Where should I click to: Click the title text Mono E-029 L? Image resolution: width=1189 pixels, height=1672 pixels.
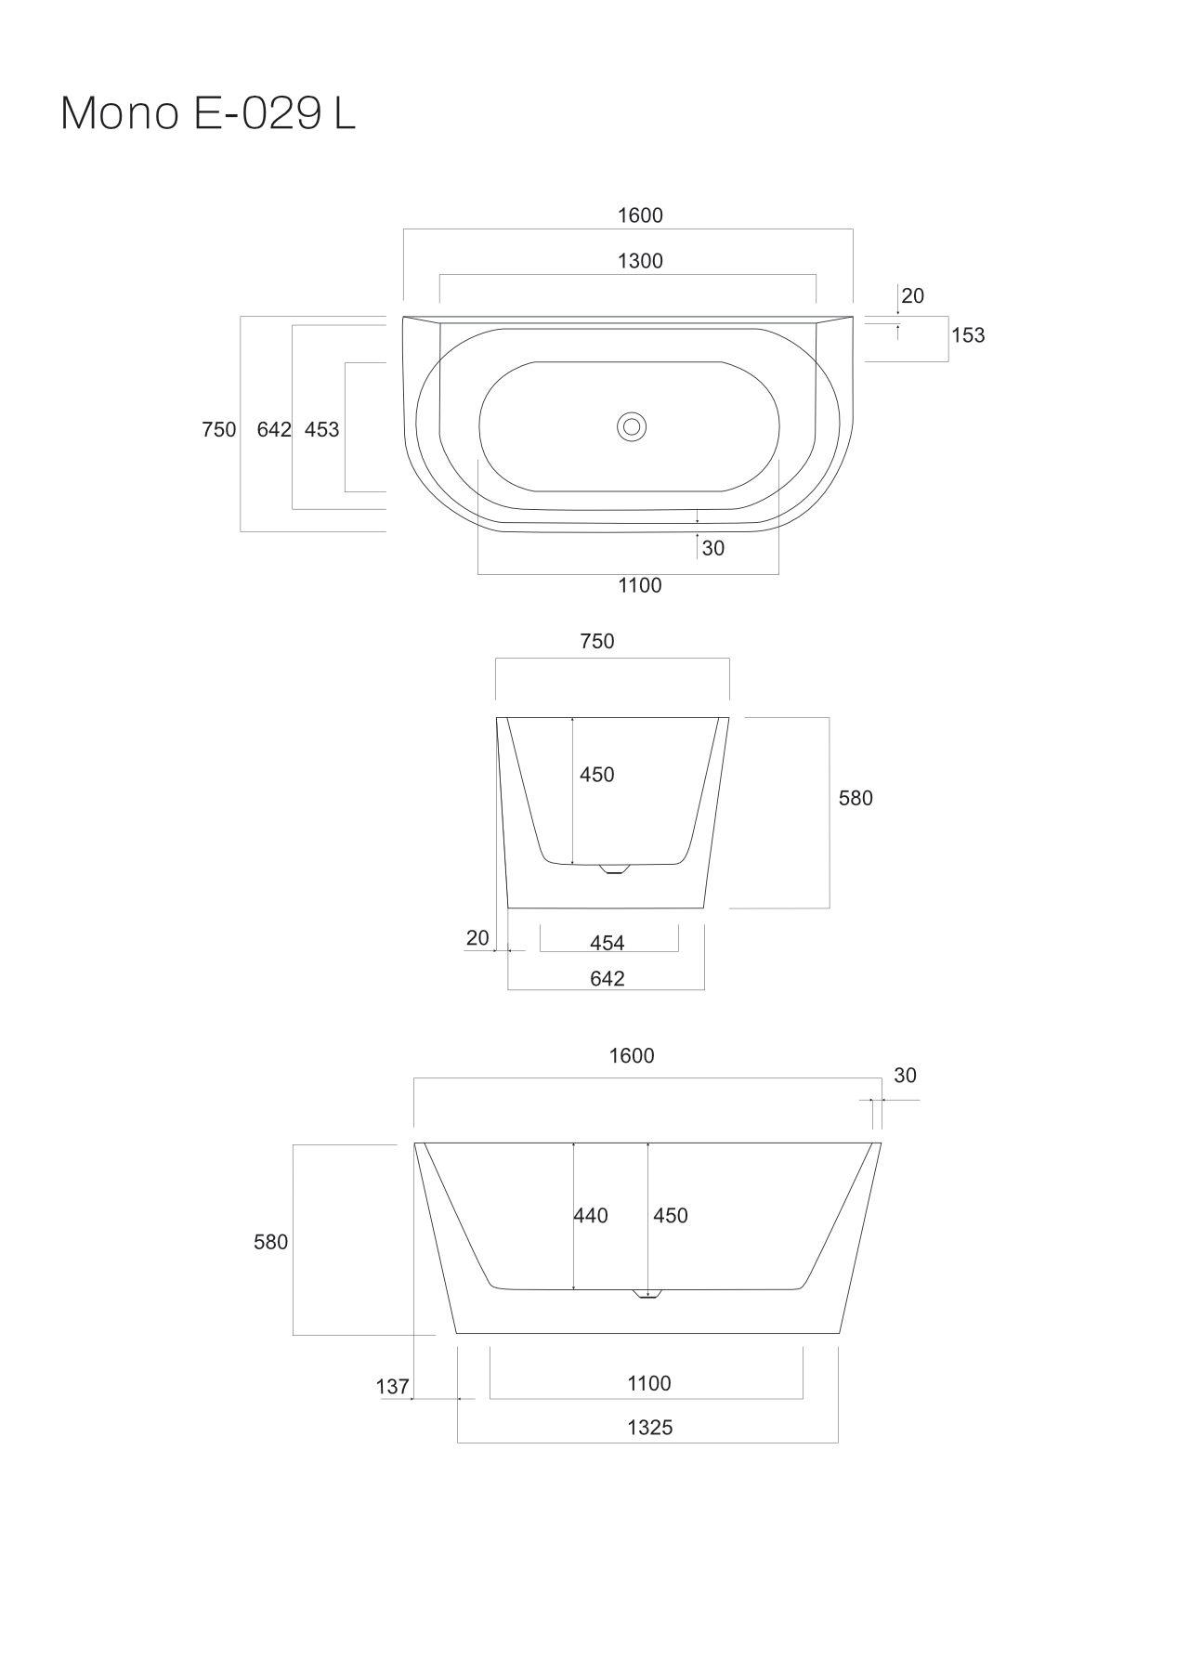point(208,114)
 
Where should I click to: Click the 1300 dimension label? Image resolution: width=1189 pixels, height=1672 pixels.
point(640,261)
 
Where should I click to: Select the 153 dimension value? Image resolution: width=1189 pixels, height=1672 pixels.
point(968,335)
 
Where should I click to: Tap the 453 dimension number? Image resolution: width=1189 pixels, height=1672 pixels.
point(322,430)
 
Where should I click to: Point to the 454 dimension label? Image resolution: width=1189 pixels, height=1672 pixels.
point(608,944)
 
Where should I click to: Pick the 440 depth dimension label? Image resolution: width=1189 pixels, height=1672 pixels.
point(591,1216)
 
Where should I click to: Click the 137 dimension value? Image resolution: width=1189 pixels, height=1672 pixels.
point(392,1387)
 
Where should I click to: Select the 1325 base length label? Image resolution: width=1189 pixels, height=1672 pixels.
point(649,1428)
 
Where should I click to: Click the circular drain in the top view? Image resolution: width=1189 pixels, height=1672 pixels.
point(632,427)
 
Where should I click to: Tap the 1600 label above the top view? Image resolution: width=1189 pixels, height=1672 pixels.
point(640,216)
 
